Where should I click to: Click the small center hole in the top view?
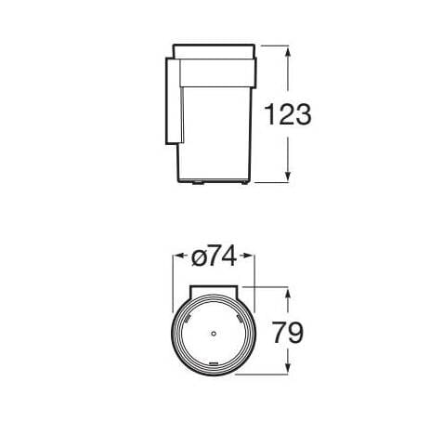pos(213,332)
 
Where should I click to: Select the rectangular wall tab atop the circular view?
pos(213,292)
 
